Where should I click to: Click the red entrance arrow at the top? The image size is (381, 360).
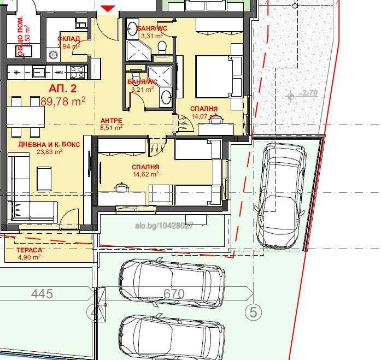click(x=108, y=8)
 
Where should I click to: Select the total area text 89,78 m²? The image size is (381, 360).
click(x=63, y=101)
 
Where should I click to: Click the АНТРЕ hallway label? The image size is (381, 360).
click(x=111, y=121)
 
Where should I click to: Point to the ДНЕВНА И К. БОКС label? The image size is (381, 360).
click(x=49, y=144)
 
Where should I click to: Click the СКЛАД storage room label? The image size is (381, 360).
click(x=69, y=39)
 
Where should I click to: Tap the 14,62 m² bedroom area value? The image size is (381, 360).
click(x=145, y=174)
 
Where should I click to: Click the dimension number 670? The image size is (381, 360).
click(x=174, y=294)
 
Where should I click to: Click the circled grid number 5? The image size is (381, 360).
click(x=253, y=312)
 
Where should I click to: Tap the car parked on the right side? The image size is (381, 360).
click(x=280, y=194)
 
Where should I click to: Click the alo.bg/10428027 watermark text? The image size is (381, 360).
click(x=164, y=225)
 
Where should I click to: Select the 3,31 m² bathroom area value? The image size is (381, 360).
click(x=151, y=36)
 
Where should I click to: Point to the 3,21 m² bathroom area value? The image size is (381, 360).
click(x=144, y=89)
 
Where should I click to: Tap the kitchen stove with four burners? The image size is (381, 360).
click(x=77, y=72)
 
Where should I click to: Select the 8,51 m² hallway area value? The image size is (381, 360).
click(x=111, y=127)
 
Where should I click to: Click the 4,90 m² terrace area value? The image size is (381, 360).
click(x=29, y=257)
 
